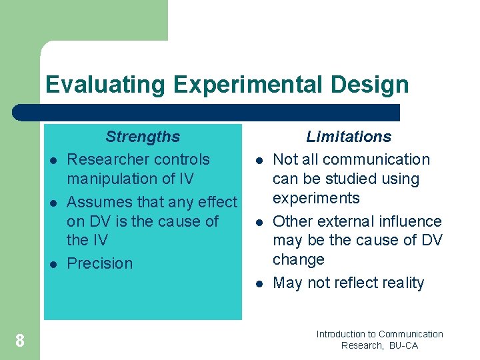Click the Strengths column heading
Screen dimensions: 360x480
point(143,137)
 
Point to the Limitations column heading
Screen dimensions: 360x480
point(349,137)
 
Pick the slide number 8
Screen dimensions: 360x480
point(20,341)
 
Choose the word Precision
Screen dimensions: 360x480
point(100,263)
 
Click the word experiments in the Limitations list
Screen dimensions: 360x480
point(316,198)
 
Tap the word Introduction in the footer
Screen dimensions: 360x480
point(341,334)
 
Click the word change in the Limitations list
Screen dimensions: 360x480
point(299,259)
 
